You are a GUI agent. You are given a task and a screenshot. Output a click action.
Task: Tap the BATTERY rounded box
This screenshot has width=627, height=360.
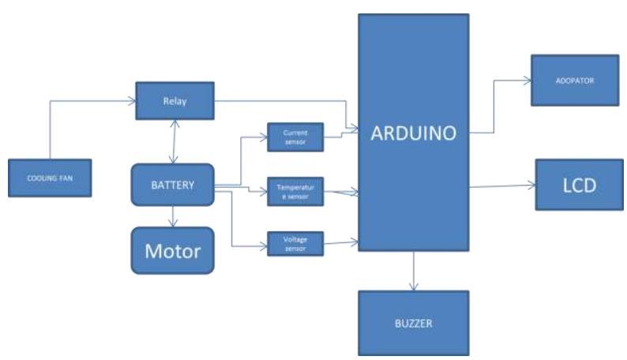(172, 186)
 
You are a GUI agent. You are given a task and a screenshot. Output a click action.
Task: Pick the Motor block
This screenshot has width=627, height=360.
(172, 250)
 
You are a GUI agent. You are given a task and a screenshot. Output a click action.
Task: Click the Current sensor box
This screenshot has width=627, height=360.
(295, 137)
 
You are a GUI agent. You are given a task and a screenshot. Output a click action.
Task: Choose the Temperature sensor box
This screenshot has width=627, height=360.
(295, 190)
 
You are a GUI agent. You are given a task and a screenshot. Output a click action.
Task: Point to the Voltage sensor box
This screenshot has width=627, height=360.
(295, 242)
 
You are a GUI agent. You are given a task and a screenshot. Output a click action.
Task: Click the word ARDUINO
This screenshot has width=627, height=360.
(413, 133)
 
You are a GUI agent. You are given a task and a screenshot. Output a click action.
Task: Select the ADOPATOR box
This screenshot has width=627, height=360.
(573, 81)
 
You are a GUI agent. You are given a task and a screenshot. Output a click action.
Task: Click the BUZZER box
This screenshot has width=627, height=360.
(413, 323)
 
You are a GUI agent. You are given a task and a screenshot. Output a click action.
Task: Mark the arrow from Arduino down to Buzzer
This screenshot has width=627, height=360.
(413, 272)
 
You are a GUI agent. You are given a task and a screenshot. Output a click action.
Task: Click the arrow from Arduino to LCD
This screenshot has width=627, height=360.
(502, 186)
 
